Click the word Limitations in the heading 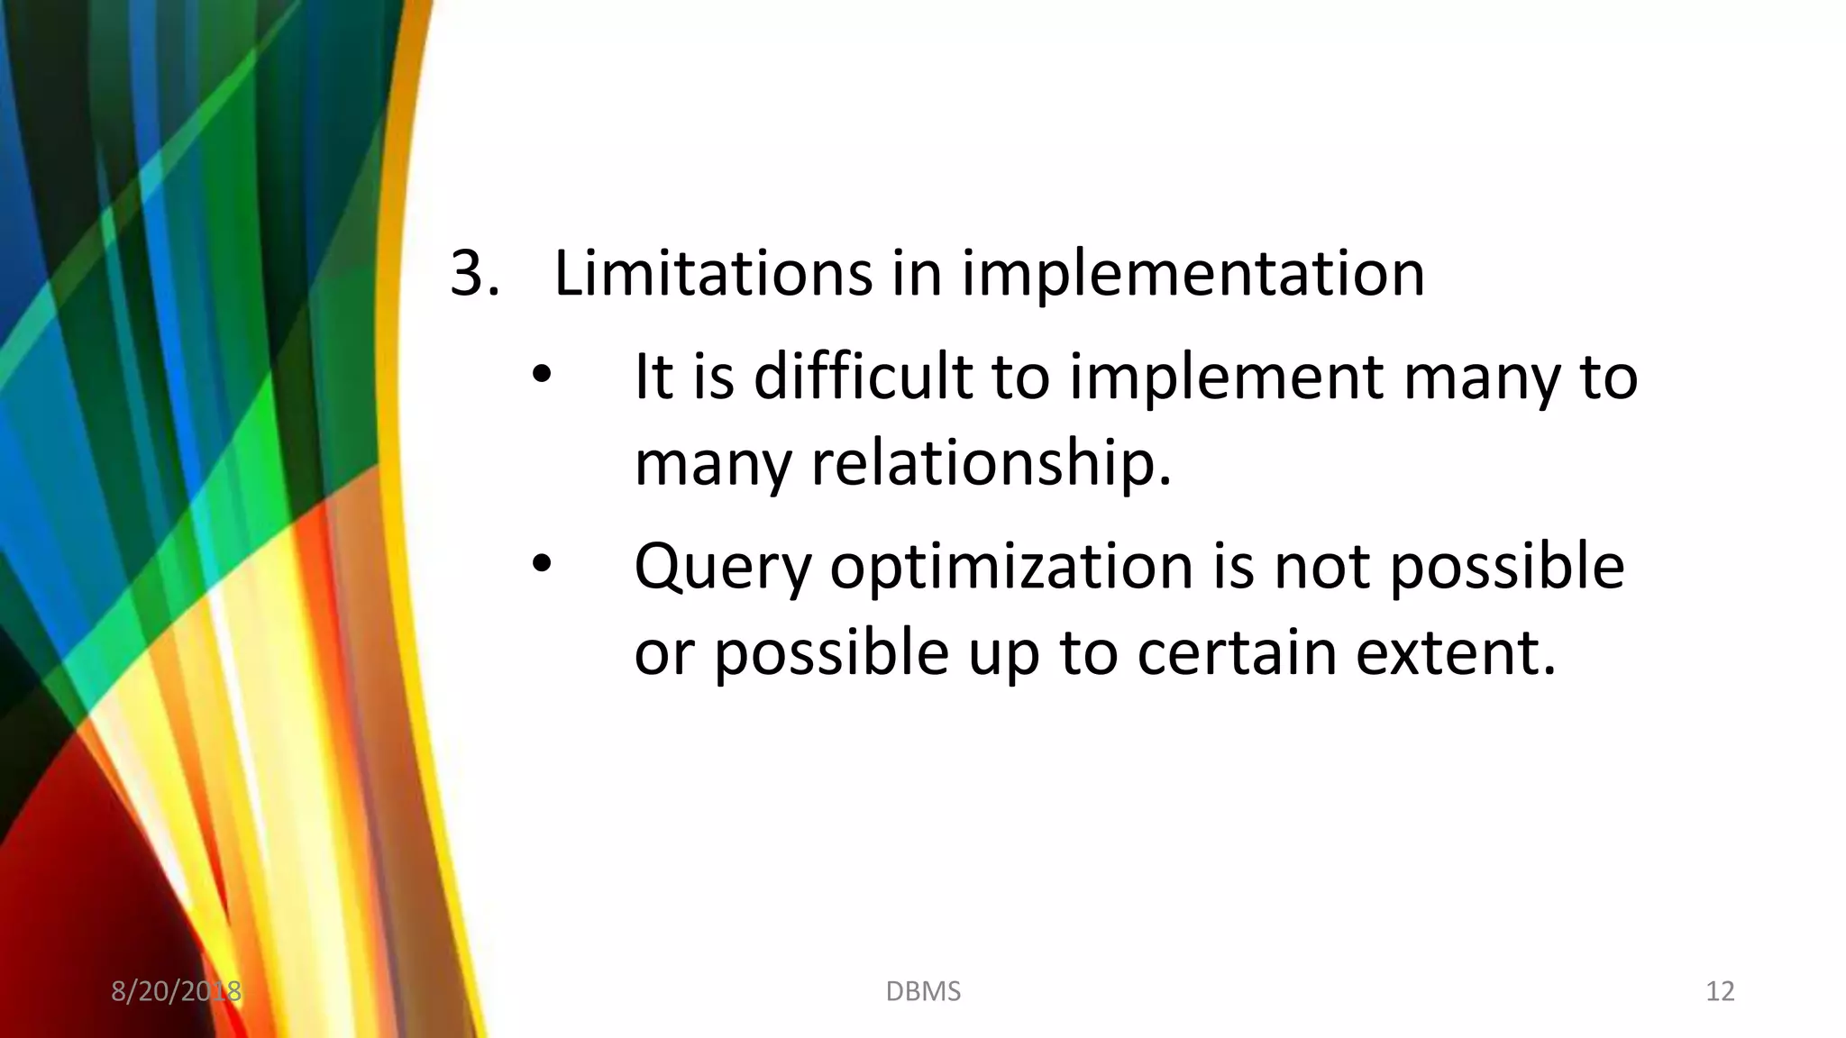pyautogui.click(x=712, y=273)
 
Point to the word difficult pyautogui.click(x=863, y=376)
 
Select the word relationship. pyautogui.click(x=992, y=464)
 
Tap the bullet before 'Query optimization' pyautogui.click(x=540, y=564)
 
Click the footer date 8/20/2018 pyautogui.click(x=176, y=991)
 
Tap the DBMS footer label pyautogui.click(x=923, y=991)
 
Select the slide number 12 pyautogui.click(x=1720, y=991)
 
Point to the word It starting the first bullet pyautogui.click(x=653, y=376)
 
